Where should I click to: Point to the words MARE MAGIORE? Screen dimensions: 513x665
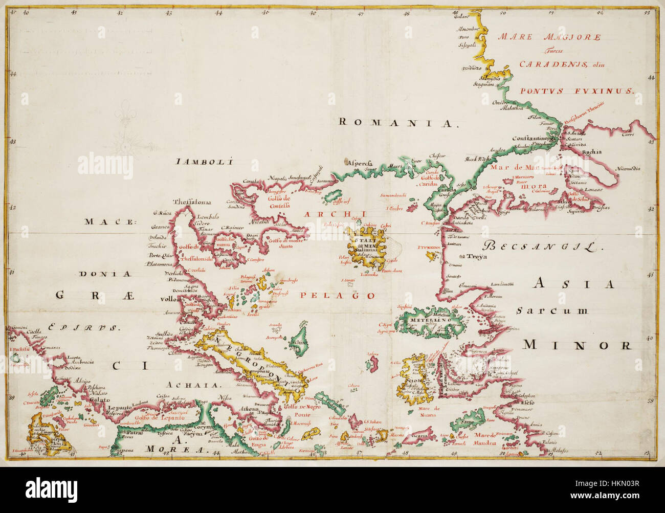click(x=549, y=37)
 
